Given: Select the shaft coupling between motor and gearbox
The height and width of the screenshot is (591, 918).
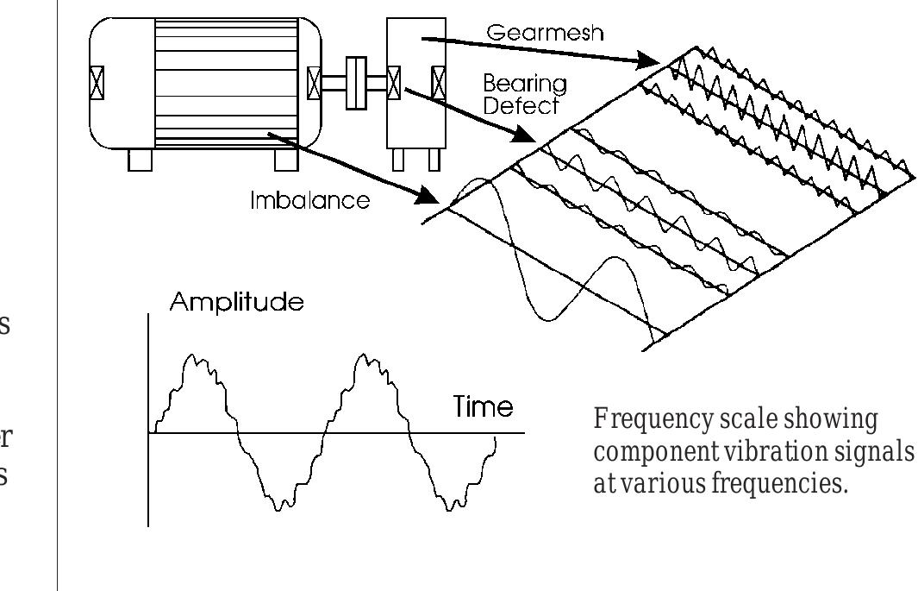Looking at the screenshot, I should [x=354, y=83].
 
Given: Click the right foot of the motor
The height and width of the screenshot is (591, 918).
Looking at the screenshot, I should [x=287, y=160].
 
